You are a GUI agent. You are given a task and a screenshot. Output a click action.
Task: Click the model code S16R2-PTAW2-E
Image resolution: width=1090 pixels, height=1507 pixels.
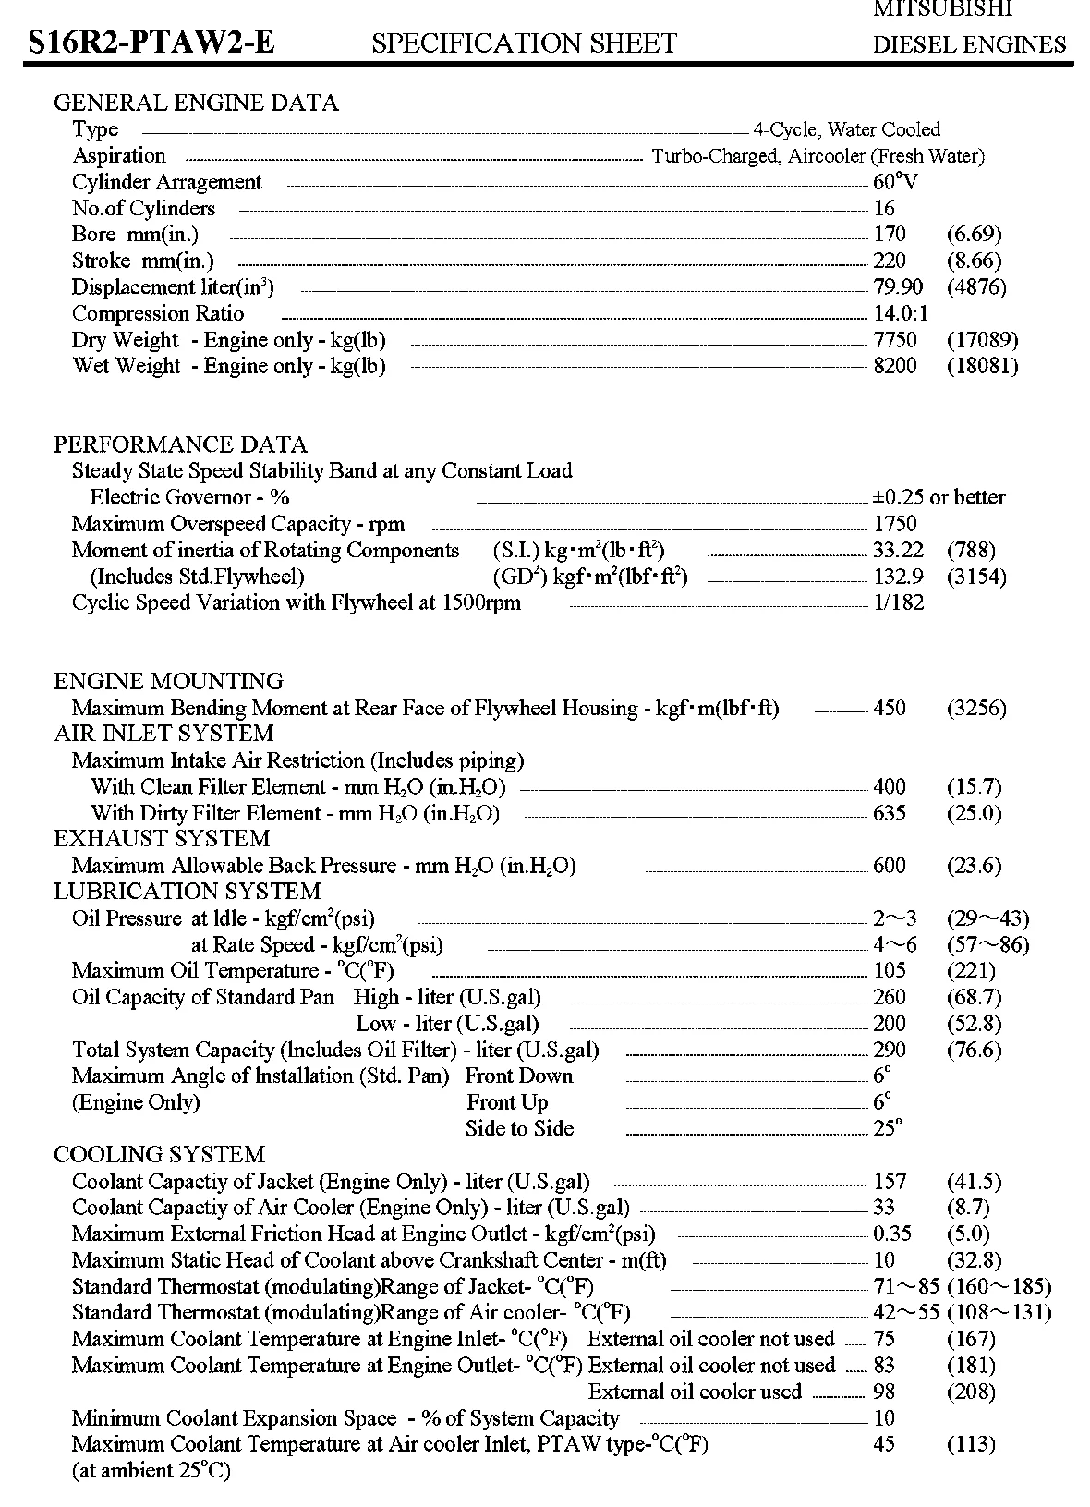[151, 43]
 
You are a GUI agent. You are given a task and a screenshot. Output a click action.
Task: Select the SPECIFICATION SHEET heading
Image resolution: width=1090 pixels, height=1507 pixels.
[524, 43]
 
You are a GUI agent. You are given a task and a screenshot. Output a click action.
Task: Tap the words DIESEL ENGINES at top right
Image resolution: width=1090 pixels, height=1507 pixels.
[969, 44]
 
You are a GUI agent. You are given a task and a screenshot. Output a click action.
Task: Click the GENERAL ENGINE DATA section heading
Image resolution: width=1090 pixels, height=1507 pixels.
[196, 103]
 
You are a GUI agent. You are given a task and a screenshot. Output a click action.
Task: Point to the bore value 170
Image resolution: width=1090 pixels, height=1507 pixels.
[890, 235]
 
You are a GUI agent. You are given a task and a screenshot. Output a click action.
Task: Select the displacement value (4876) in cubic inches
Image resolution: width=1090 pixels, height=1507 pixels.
[976, 287]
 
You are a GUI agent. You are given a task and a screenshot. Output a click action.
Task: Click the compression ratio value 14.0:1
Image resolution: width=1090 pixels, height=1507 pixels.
[901, 313]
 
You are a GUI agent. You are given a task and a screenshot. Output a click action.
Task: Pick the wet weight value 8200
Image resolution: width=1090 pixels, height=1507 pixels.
[895, 366]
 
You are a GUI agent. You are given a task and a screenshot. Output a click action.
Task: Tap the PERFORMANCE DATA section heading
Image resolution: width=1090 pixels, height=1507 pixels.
[180, 444]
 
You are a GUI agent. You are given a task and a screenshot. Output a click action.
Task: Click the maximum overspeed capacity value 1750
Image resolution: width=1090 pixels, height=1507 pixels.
[895, 524]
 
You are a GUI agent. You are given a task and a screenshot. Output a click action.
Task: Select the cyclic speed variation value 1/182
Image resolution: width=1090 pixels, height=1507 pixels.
[898, 603]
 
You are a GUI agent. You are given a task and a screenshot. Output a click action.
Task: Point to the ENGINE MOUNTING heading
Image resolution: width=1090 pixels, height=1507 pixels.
[168, 682]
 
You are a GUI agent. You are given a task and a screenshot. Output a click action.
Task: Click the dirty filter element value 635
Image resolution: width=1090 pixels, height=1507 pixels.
[890, 814]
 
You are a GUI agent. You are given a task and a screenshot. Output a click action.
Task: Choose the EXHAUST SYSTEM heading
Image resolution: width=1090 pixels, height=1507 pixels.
[162, 839]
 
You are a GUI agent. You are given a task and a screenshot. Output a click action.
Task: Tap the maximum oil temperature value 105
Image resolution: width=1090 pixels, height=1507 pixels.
[890, 971]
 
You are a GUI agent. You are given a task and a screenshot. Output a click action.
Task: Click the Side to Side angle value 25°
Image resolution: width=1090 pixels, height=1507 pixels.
[887, 1128]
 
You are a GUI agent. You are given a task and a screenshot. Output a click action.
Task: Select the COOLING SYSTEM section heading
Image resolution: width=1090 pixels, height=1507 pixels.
[159, 1155]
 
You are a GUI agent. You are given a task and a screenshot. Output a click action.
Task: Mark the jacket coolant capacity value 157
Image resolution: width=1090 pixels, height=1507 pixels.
[890, 1182]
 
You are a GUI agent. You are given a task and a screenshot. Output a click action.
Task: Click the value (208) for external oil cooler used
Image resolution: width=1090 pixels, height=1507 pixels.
[971, 1392]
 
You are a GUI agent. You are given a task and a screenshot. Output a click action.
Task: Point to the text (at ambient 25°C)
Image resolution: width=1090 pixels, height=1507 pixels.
[151, 1470]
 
